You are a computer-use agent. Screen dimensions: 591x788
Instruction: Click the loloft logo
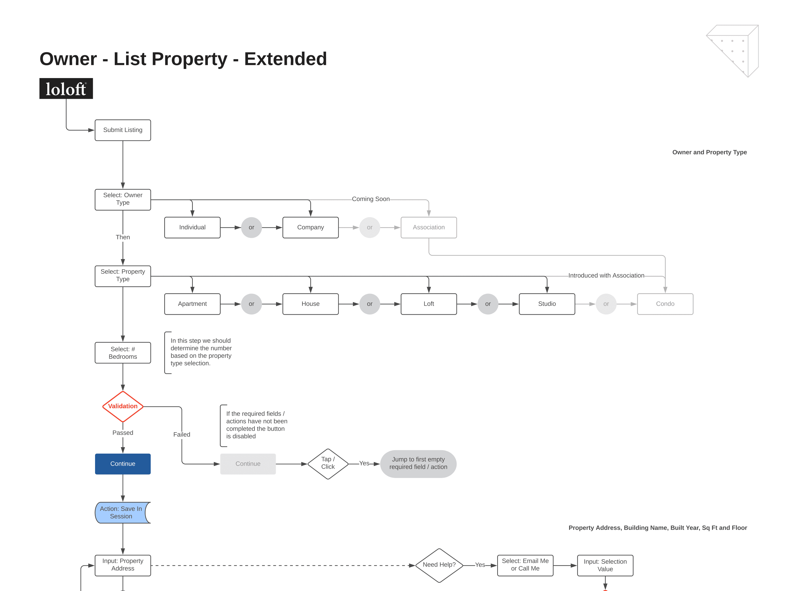[x=66, y=88]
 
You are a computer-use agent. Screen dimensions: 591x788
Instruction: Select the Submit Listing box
[x=123, y=130]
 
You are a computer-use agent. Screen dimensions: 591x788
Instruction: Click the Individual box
[x=192, y=227]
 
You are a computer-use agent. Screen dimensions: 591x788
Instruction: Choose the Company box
[x=310, y=227]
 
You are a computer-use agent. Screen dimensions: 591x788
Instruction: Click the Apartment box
[x=192, y=304]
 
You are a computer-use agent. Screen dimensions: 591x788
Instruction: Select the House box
[x=310, y=304]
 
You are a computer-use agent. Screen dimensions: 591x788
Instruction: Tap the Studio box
[x=547, y=304]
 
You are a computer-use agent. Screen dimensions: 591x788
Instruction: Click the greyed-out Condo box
[x=665, y=304]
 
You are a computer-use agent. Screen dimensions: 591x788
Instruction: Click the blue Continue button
[x=123, y=464]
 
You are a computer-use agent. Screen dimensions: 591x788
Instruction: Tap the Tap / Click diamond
[x=328, y=464]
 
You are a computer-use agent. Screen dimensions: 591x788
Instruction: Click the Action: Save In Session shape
[x=121, y=513]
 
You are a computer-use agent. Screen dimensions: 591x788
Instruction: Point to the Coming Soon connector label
[x=371, y=199]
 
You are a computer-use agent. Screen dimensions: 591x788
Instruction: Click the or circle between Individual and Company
[x=251, y=227]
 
